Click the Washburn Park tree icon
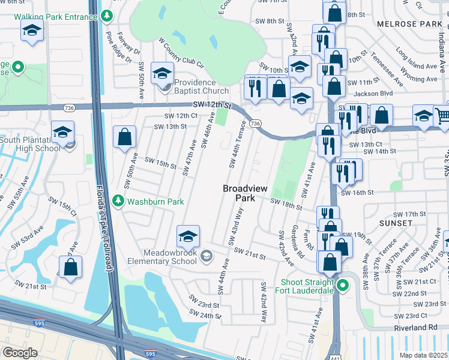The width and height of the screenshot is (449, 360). (118, 201)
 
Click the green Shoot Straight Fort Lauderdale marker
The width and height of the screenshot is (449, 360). (343, 286)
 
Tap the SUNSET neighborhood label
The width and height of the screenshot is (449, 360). (396, 223)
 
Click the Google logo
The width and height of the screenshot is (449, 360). (20, 352)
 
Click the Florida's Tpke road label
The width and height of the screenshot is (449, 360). (103, 228)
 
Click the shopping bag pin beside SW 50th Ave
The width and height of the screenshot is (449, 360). (125, 137)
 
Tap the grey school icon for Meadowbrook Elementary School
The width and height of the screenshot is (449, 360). (206, 256)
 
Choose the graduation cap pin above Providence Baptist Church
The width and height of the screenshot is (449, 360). (161, 73)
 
